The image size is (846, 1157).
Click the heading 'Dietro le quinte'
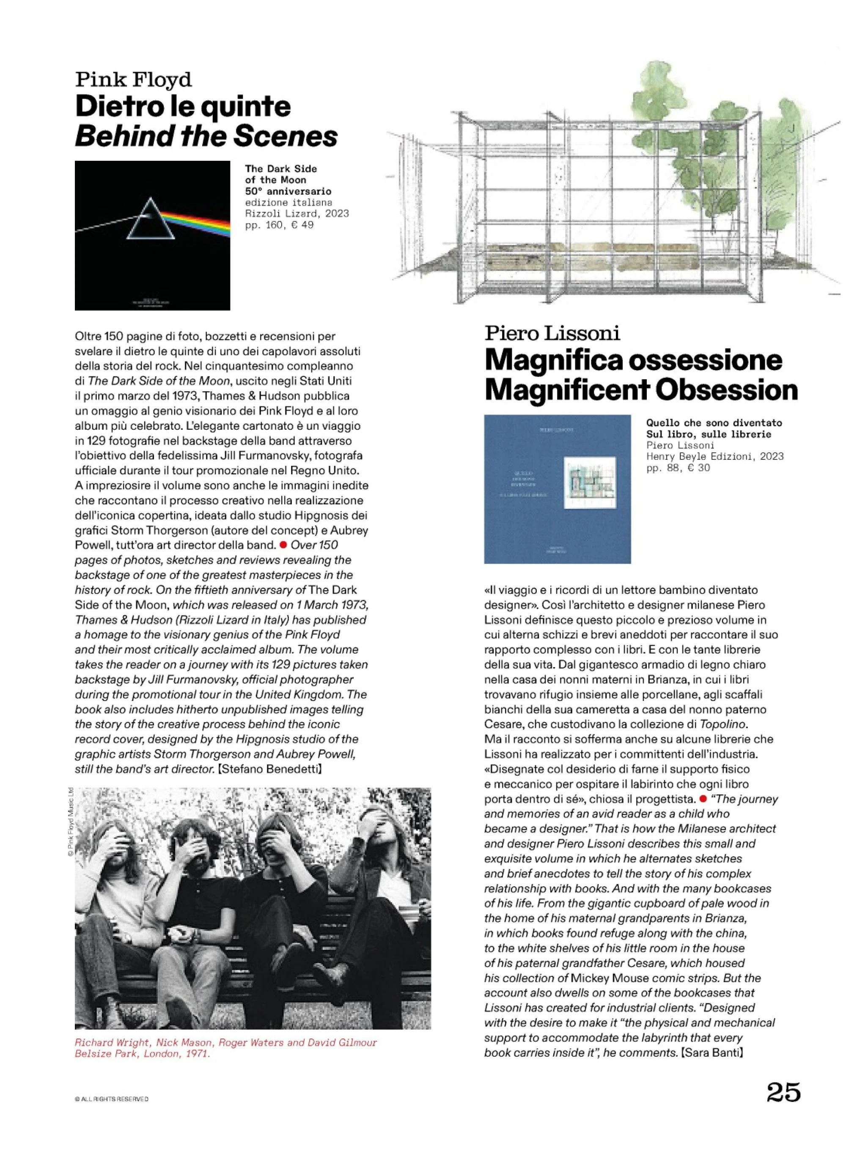coord(183,107)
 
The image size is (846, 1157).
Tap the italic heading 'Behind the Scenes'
coord(206,136)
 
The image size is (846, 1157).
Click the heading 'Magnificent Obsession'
coord(641,390)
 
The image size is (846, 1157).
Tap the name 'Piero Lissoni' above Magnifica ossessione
coord(552,333)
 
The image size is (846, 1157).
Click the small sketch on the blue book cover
coord(588,483)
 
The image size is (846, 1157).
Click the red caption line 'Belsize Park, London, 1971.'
coord(143,1054)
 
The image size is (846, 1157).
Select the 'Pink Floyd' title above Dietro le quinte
coord(133,80)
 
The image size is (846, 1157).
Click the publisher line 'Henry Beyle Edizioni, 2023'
coord(715,456)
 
